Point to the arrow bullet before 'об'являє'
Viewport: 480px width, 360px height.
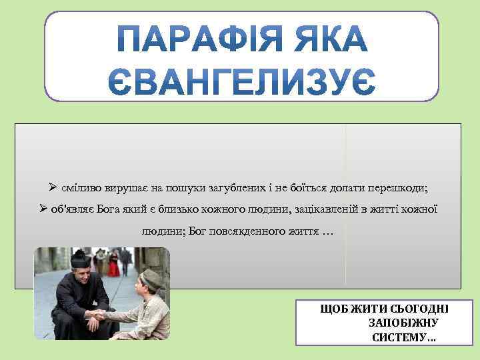(43, 209)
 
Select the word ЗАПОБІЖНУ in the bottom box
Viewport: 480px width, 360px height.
(402, 323)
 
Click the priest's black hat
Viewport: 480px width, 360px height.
(80, 257)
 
